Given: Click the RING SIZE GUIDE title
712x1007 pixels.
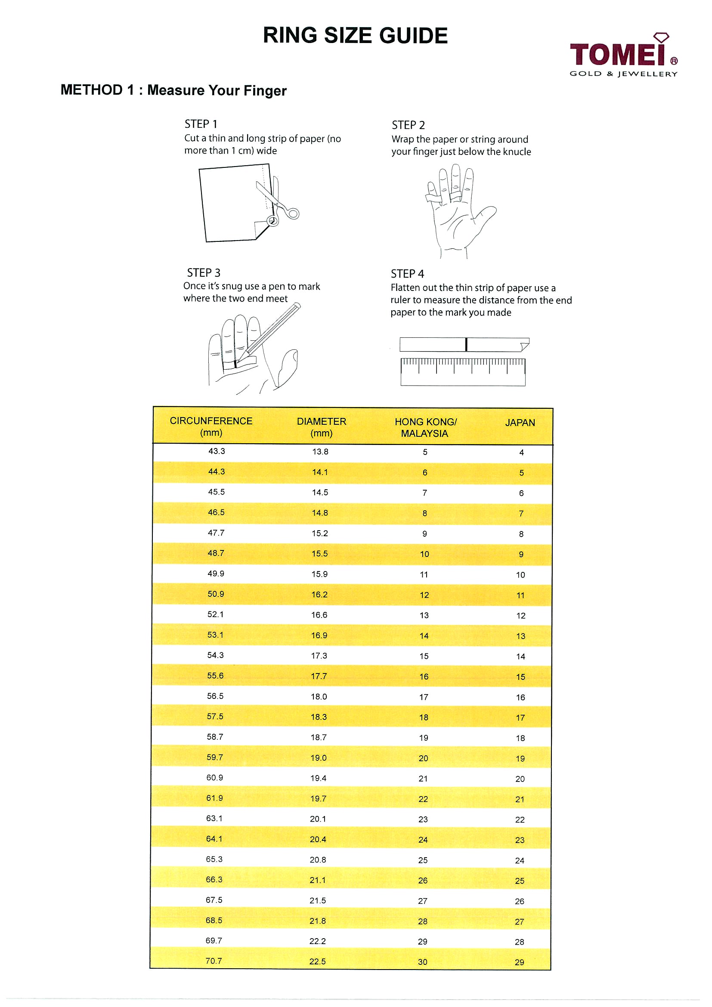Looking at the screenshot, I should point(355,36).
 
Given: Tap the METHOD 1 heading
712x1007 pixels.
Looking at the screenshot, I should point(173,90).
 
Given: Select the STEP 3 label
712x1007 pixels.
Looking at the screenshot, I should point(204,273).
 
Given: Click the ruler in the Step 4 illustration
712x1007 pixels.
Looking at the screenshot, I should point(463,372).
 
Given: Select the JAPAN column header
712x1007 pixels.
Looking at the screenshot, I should point(520,423).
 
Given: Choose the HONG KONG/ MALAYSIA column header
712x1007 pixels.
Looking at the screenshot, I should point(425,428).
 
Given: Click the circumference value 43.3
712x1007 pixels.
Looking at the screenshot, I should point(217,451).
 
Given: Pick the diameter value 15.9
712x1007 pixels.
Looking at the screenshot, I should point(320,574).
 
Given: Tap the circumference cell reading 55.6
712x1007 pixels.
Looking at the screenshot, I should point(215,676).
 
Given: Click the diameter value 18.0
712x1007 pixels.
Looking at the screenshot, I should point(319,696).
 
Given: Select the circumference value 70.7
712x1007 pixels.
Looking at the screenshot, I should point(214,961).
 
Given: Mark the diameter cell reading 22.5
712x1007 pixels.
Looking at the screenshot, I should point(318,961).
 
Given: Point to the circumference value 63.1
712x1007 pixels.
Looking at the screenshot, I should point(214,819).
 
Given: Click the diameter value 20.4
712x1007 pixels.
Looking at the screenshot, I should point(318,840).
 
